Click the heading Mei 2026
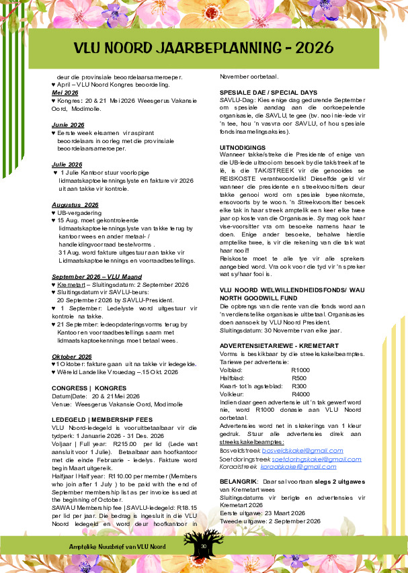[x=65, y=93]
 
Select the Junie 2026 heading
[x=68, y=125]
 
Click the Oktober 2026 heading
[x=72, y=356]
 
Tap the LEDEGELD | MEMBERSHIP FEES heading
[x=102, y=419]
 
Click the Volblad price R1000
[x=300, y=369]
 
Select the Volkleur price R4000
[x=300, y=394]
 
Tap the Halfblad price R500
[x=299, y=378]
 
